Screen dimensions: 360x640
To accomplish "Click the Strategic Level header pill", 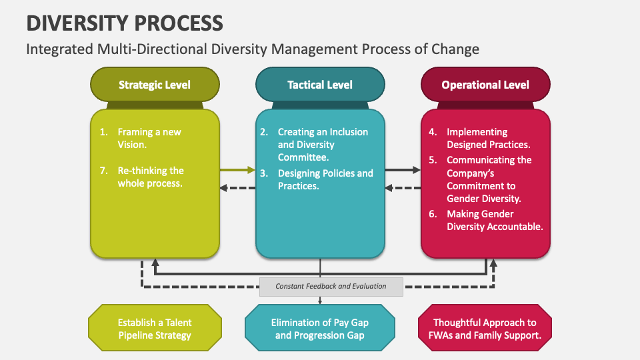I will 155,85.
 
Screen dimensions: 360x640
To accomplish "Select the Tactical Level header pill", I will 320,85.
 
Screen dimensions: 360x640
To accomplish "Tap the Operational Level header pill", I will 485,85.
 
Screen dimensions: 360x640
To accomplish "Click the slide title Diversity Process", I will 124,23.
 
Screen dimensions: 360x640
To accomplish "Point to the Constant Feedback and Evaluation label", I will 331,287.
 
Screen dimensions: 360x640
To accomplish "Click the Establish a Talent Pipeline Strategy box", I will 155,328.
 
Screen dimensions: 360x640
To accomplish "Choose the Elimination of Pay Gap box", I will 320,328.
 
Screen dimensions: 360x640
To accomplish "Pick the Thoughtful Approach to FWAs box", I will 485,328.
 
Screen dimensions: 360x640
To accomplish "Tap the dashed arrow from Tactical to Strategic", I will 237,188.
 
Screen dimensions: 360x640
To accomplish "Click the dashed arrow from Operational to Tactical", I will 402,188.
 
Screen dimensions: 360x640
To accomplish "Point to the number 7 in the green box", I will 103,171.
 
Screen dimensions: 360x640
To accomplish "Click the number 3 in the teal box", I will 264,173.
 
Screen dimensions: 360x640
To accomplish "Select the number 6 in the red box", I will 433,214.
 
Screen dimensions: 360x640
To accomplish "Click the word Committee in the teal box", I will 303,157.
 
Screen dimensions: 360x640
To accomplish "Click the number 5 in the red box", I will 433,160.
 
